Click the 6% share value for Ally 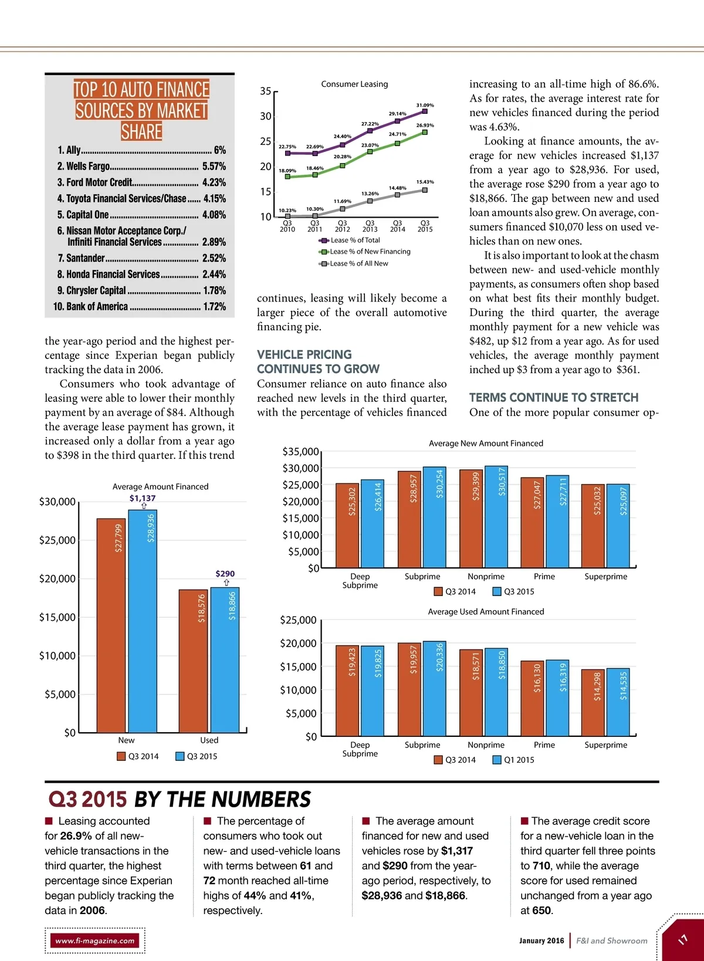pos(219,150)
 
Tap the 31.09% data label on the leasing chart pos(425,105)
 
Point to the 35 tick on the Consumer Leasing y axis pos(266,92)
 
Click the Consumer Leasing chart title pos(354,84)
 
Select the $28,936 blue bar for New pos(143,621)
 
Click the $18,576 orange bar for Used pos(193,661)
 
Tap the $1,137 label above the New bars pos(143,498)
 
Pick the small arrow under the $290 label pos(226,583)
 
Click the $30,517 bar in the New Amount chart pos(496,516)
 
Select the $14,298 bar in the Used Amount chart pos(593,702)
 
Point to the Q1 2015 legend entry pos(513,760)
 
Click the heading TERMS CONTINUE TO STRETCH pos(553,398)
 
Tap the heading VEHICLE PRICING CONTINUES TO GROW pos(318,362)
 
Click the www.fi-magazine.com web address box pos(95,940)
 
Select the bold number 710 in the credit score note pos(541,866)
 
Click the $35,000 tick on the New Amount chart pos(300,452)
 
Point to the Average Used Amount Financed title pos(486,611)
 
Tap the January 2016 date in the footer pos(541,940)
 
